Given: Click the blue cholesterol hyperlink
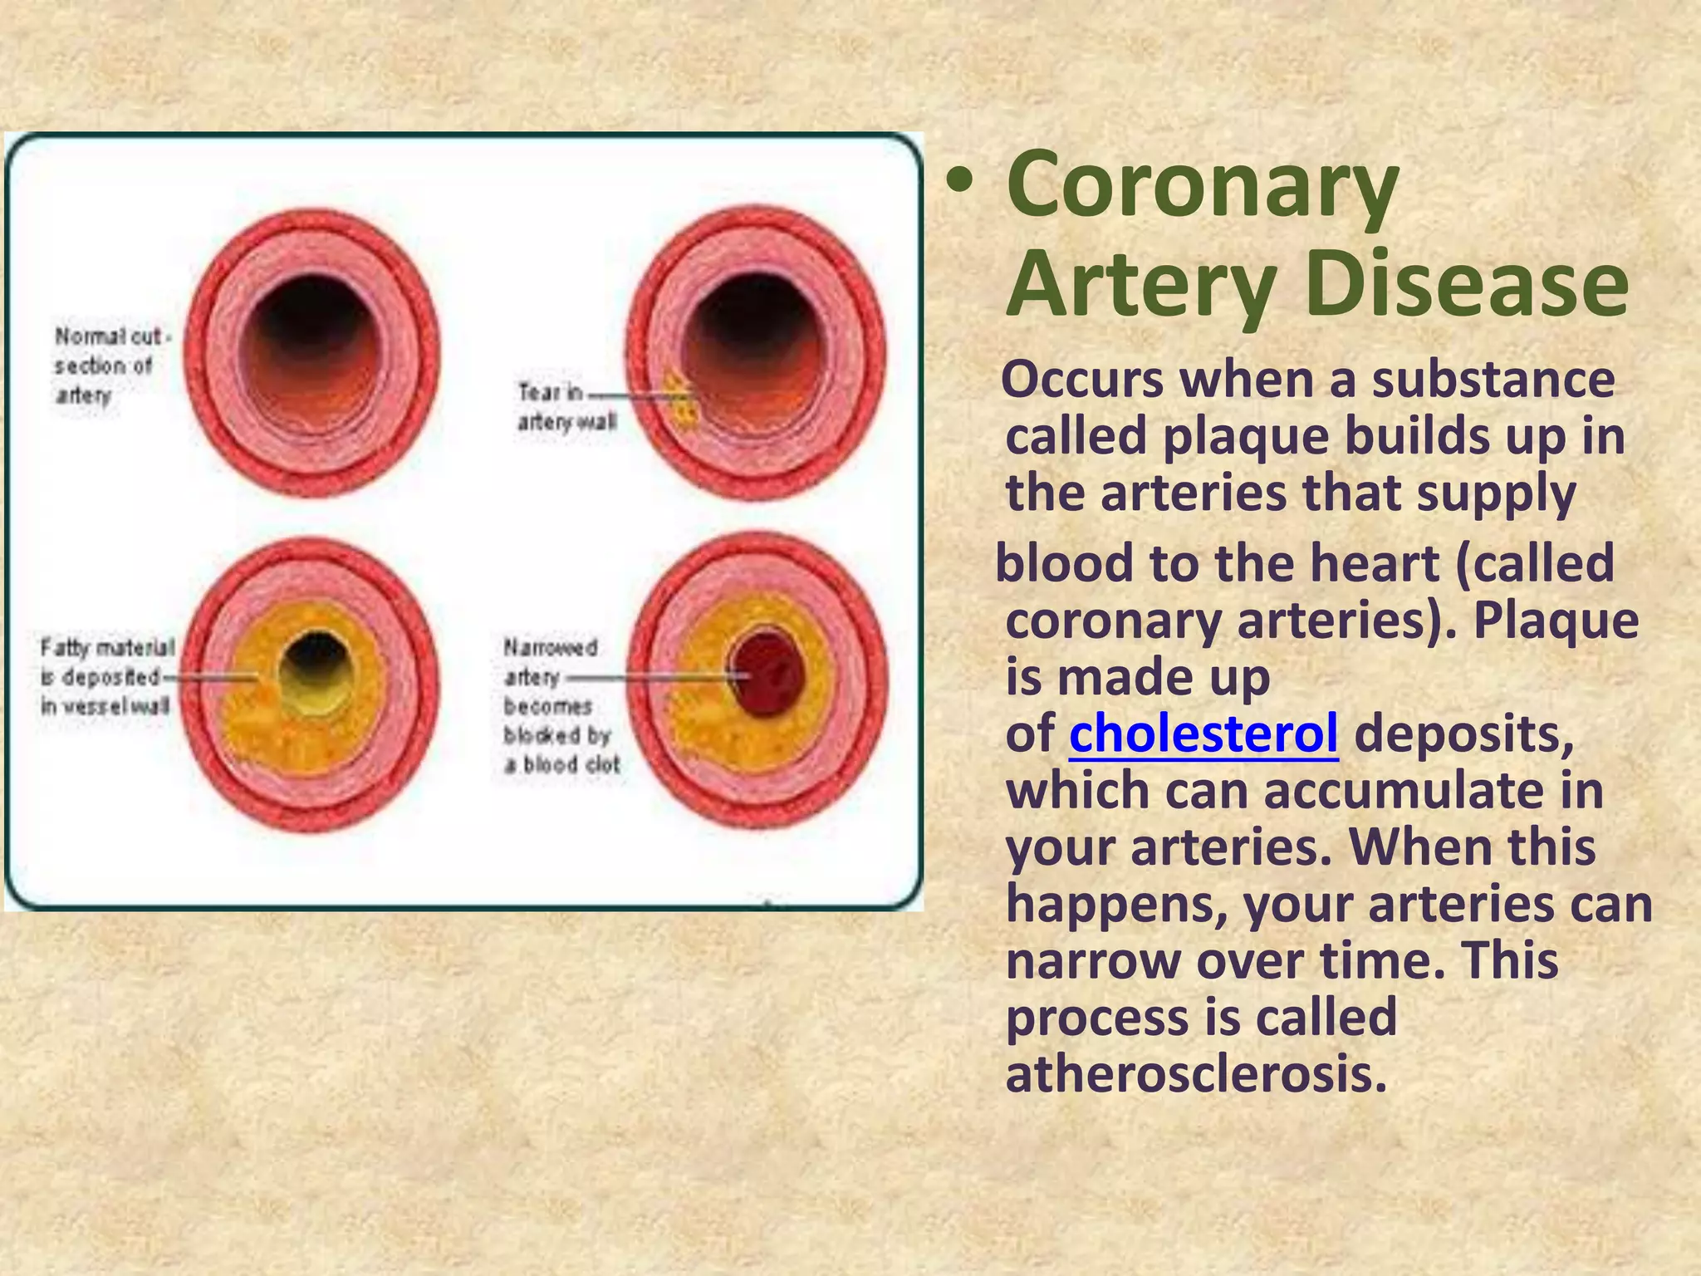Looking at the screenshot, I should tap(1203, 734).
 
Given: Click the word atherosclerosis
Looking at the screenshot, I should tap(1196, 1074).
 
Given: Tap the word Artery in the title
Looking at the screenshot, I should tap(1140, 284).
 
